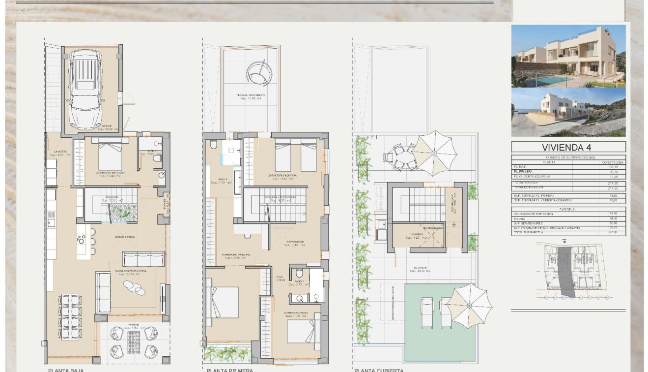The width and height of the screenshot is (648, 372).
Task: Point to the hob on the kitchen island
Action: pos(81,240)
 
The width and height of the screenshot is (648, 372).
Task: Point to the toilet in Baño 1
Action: pos(213,145)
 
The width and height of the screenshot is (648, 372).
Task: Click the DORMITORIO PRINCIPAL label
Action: pos(238,254)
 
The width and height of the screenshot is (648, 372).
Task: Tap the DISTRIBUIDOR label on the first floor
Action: pos(295,242)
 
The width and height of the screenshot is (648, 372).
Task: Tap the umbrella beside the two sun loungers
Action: pos(469,306)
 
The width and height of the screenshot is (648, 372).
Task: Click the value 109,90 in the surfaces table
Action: pos(617,167)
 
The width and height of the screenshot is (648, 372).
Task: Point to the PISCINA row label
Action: pos(519,218)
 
